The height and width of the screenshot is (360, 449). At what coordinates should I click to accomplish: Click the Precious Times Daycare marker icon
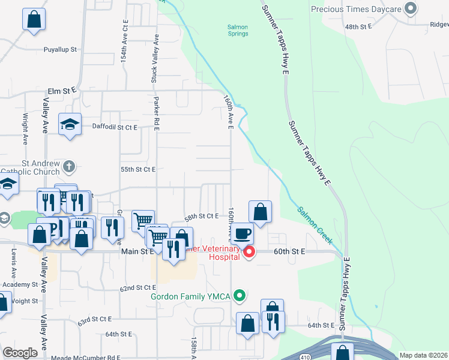pos(411,9)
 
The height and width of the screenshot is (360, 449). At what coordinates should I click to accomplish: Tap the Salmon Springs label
pos(238,30)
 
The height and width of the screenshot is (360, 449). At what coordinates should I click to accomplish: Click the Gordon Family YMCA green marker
pos(240,295)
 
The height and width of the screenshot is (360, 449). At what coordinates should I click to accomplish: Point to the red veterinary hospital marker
pos(247,252)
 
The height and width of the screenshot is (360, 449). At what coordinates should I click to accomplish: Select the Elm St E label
pos(62,90)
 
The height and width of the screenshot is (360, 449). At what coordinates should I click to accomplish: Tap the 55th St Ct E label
pos(138,170)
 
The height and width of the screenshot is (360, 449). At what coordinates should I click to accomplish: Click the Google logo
pos(20,353)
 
